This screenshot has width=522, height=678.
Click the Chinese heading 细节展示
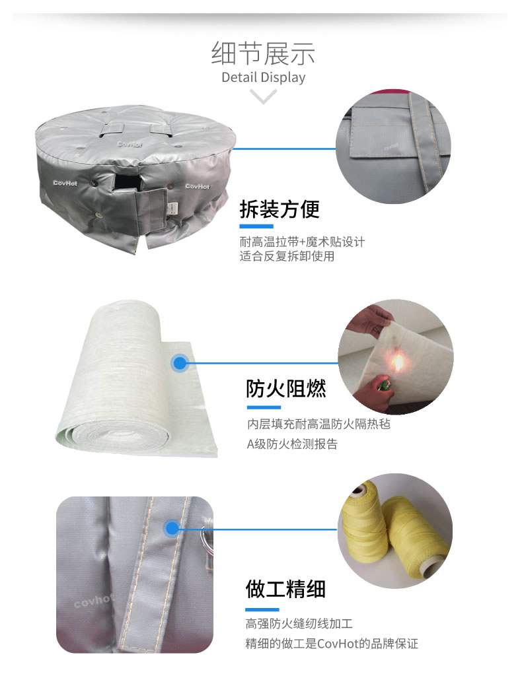click(x=263, y=53)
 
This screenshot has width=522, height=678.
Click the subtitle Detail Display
click(x=263, y=77)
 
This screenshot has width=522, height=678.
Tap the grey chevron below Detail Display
click(x=263, y=96)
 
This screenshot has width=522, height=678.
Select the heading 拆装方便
click(x=280, y=209)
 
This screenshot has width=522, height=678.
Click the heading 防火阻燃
click(x=286, y=388)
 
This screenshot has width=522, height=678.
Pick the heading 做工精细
click(x=285, y=589)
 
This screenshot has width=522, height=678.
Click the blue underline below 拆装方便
click(x=256, y=226)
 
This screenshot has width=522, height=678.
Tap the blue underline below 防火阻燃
click(x=264, y=407)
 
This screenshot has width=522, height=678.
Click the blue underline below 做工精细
click(x=262, y=610)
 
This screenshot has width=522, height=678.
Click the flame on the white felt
click(x=397, y=363)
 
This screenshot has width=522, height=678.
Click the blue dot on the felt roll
click(x=180, y=362)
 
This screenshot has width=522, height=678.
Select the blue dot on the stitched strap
click(x=172, y=528)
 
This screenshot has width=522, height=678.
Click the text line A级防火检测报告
click(x=292, y=444)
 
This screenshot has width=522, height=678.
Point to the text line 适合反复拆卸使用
click(x=287, y=256)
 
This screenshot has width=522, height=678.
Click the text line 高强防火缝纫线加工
click(x=299, y=623)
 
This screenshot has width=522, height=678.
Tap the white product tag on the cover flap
click(x=173, y=208)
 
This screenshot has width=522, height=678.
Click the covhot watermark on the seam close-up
click(x=94, y=601)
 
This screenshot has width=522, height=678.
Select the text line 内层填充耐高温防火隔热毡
click(x=319, y=424)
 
